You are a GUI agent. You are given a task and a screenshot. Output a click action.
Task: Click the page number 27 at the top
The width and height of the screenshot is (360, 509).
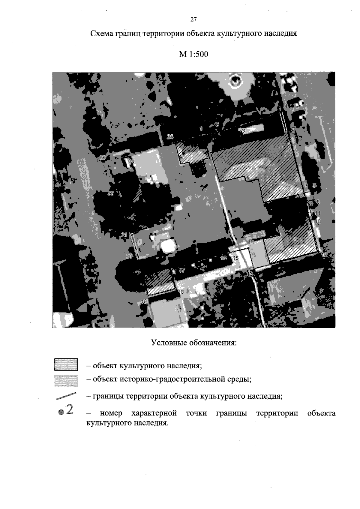coord(193,19)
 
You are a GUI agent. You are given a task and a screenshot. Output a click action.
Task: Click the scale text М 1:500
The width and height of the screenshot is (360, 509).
coord(193,55)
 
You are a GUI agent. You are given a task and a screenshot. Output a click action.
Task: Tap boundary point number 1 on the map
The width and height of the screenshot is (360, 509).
coord(201,128)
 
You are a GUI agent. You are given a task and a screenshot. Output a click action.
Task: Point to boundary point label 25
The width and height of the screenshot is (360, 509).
coord(170,137)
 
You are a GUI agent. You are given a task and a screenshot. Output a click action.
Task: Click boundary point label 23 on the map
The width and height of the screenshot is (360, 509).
coord(103,157)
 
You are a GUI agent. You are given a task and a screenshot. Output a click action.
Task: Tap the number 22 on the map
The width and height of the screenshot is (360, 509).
coord(111,193)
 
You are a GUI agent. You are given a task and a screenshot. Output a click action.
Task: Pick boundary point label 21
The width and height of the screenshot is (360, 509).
coord(124,235)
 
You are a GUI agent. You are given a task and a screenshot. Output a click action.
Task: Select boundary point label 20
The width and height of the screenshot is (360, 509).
coord(129,256)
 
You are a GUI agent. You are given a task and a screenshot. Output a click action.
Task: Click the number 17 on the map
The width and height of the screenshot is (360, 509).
coord(182,270)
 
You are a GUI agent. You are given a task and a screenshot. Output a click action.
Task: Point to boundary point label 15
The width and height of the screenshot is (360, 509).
coord(236,258)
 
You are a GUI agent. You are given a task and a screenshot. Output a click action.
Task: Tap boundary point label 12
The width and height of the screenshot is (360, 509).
coord(324,255)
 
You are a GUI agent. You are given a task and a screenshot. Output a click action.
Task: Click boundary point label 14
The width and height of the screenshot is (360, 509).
coord(251,242)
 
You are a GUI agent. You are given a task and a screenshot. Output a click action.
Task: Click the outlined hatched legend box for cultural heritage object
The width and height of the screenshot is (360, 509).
coord(66,365)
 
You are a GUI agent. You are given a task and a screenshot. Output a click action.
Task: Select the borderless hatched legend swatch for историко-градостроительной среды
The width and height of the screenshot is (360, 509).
coord(66,381)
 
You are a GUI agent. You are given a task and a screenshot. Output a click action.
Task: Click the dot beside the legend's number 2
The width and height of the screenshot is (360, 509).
coord(61,412)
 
